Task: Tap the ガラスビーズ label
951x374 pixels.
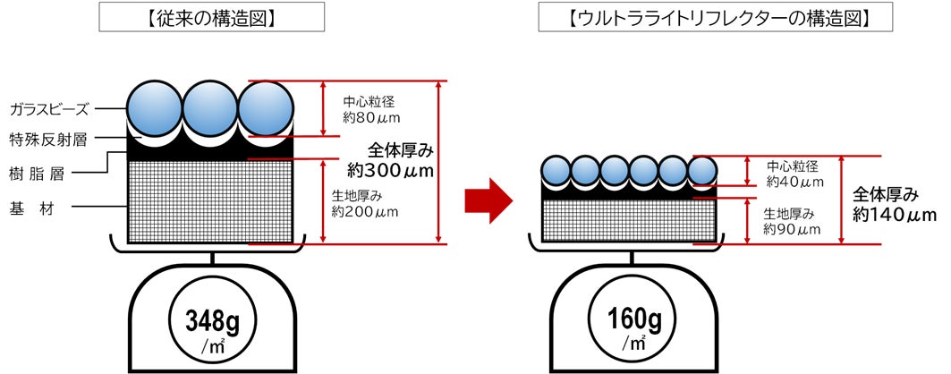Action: tap(49, 109)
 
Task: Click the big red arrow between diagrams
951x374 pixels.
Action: tap(488, 202)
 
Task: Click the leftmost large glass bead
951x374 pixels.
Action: tap(154, 107)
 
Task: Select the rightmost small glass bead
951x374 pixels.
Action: tap(702, 170)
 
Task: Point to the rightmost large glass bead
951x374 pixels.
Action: tap(267, 107)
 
